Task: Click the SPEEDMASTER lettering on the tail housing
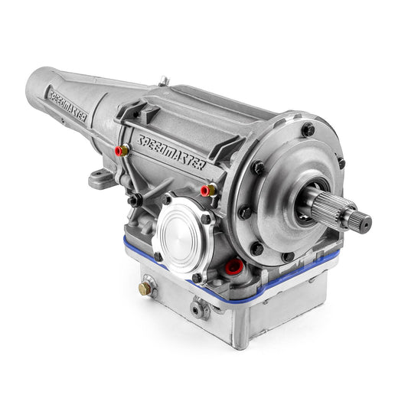tap(67, 106)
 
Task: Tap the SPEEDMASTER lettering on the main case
tap(172, 152)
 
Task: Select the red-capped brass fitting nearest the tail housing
tap(122, 150)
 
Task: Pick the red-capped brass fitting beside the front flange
tap(208, 191)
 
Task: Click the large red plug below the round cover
tap(234, 267)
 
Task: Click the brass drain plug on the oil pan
tap(145, 289)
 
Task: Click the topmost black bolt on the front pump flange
tap(308, 129)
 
